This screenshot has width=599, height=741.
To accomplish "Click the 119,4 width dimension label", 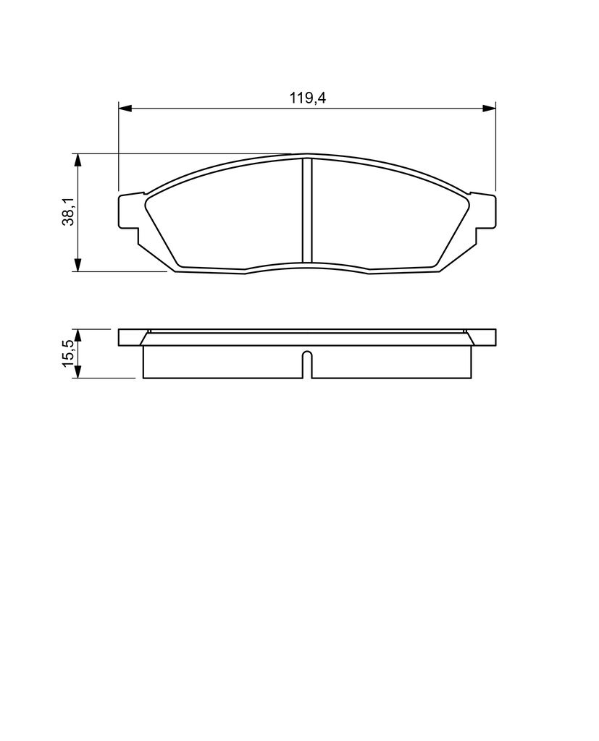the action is (x=308, y=98).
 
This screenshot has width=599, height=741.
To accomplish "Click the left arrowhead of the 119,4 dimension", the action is (x=125, y=109).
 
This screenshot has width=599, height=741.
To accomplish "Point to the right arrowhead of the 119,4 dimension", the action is (x=489, y=109).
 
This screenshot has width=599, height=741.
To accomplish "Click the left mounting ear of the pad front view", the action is (x=130, y=212).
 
